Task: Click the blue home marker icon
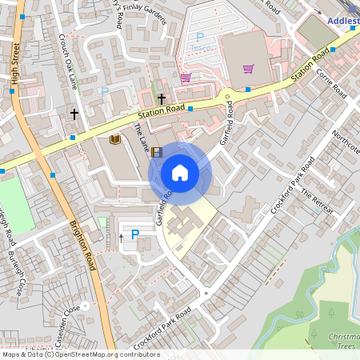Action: (x=180, y=173)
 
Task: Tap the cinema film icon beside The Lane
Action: (x=156, y=151)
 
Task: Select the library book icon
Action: (x=114, y=140)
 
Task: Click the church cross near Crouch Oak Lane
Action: (x=75, y=114)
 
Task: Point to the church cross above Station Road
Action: (x=162, y=99)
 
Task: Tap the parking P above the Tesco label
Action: (x=200, y=37)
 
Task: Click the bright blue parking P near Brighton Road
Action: (x=134, y=235)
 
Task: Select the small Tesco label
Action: (x=200, y=46)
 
